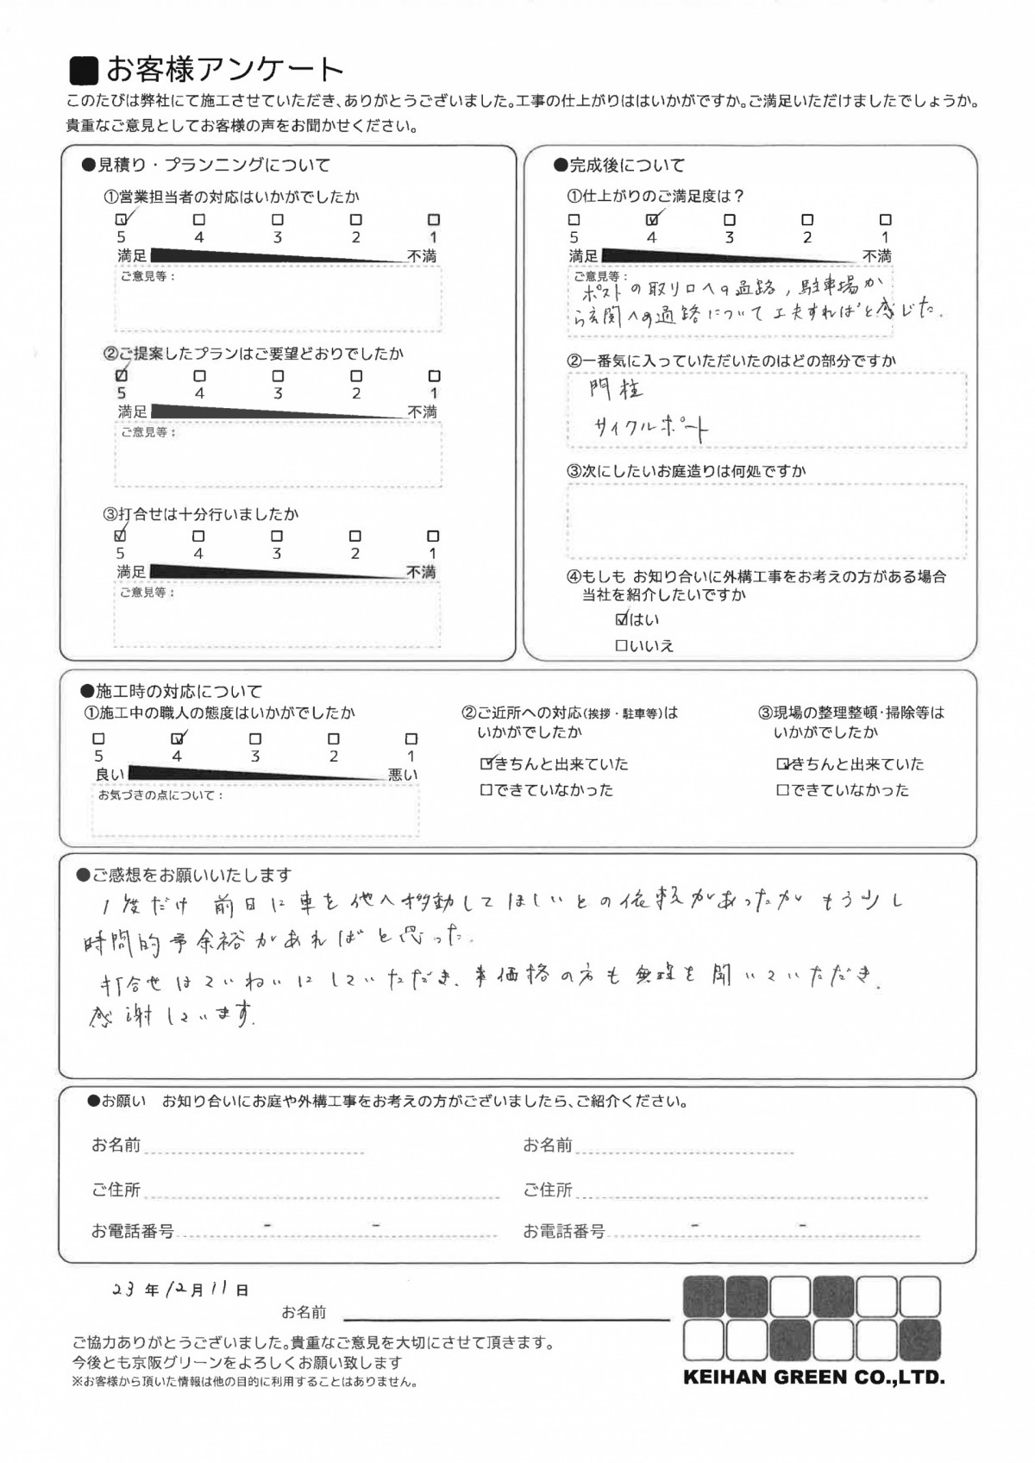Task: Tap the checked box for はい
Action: (622, 618)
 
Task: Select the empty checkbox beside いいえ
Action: (621, 645)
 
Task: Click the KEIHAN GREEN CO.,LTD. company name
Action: (813, 1377)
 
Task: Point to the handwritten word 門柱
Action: (617, 390)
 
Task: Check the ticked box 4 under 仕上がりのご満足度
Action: (652, 220)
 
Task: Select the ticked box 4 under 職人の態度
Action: (178, 738)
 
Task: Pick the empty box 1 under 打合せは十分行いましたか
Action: (433, 536)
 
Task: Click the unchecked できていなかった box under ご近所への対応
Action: (486, 790)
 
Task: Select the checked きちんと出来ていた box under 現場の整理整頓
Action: (782, 764)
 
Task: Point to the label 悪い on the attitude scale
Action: (403, 775)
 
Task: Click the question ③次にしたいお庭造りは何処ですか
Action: (686, 471)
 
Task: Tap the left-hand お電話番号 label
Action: (132, 1231)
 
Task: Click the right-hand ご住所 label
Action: (548, 1190)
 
